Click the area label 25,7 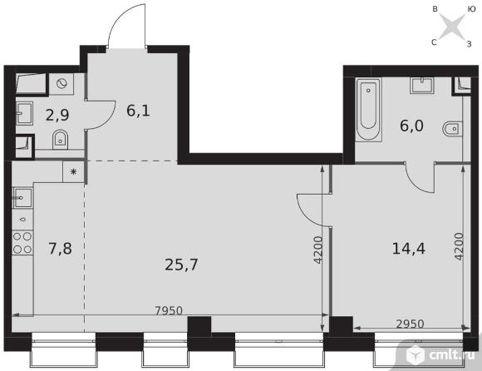point(181,265)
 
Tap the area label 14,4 point(409,248)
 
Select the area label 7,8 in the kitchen point(60,248)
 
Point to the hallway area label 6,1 point(138,111)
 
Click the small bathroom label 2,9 point(57,115)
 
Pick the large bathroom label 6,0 point(411,126)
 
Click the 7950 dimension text point(169,311)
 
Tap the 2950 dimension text point(410,324)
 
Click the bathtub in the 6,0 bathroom point(368,109)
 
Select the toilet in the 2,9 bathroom point(60,140)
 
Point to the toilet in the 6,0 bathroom point(452,129)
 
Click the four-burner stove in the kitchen point(22,242)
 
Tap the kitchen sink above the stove point(22,198)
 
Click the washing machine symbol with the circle point(61,84)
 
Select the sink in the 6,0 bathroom point(421,86)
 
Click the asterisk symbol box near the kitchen point(73,171)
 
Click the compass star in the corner point(451,26)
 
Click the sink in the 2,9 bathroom point(24,113)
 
